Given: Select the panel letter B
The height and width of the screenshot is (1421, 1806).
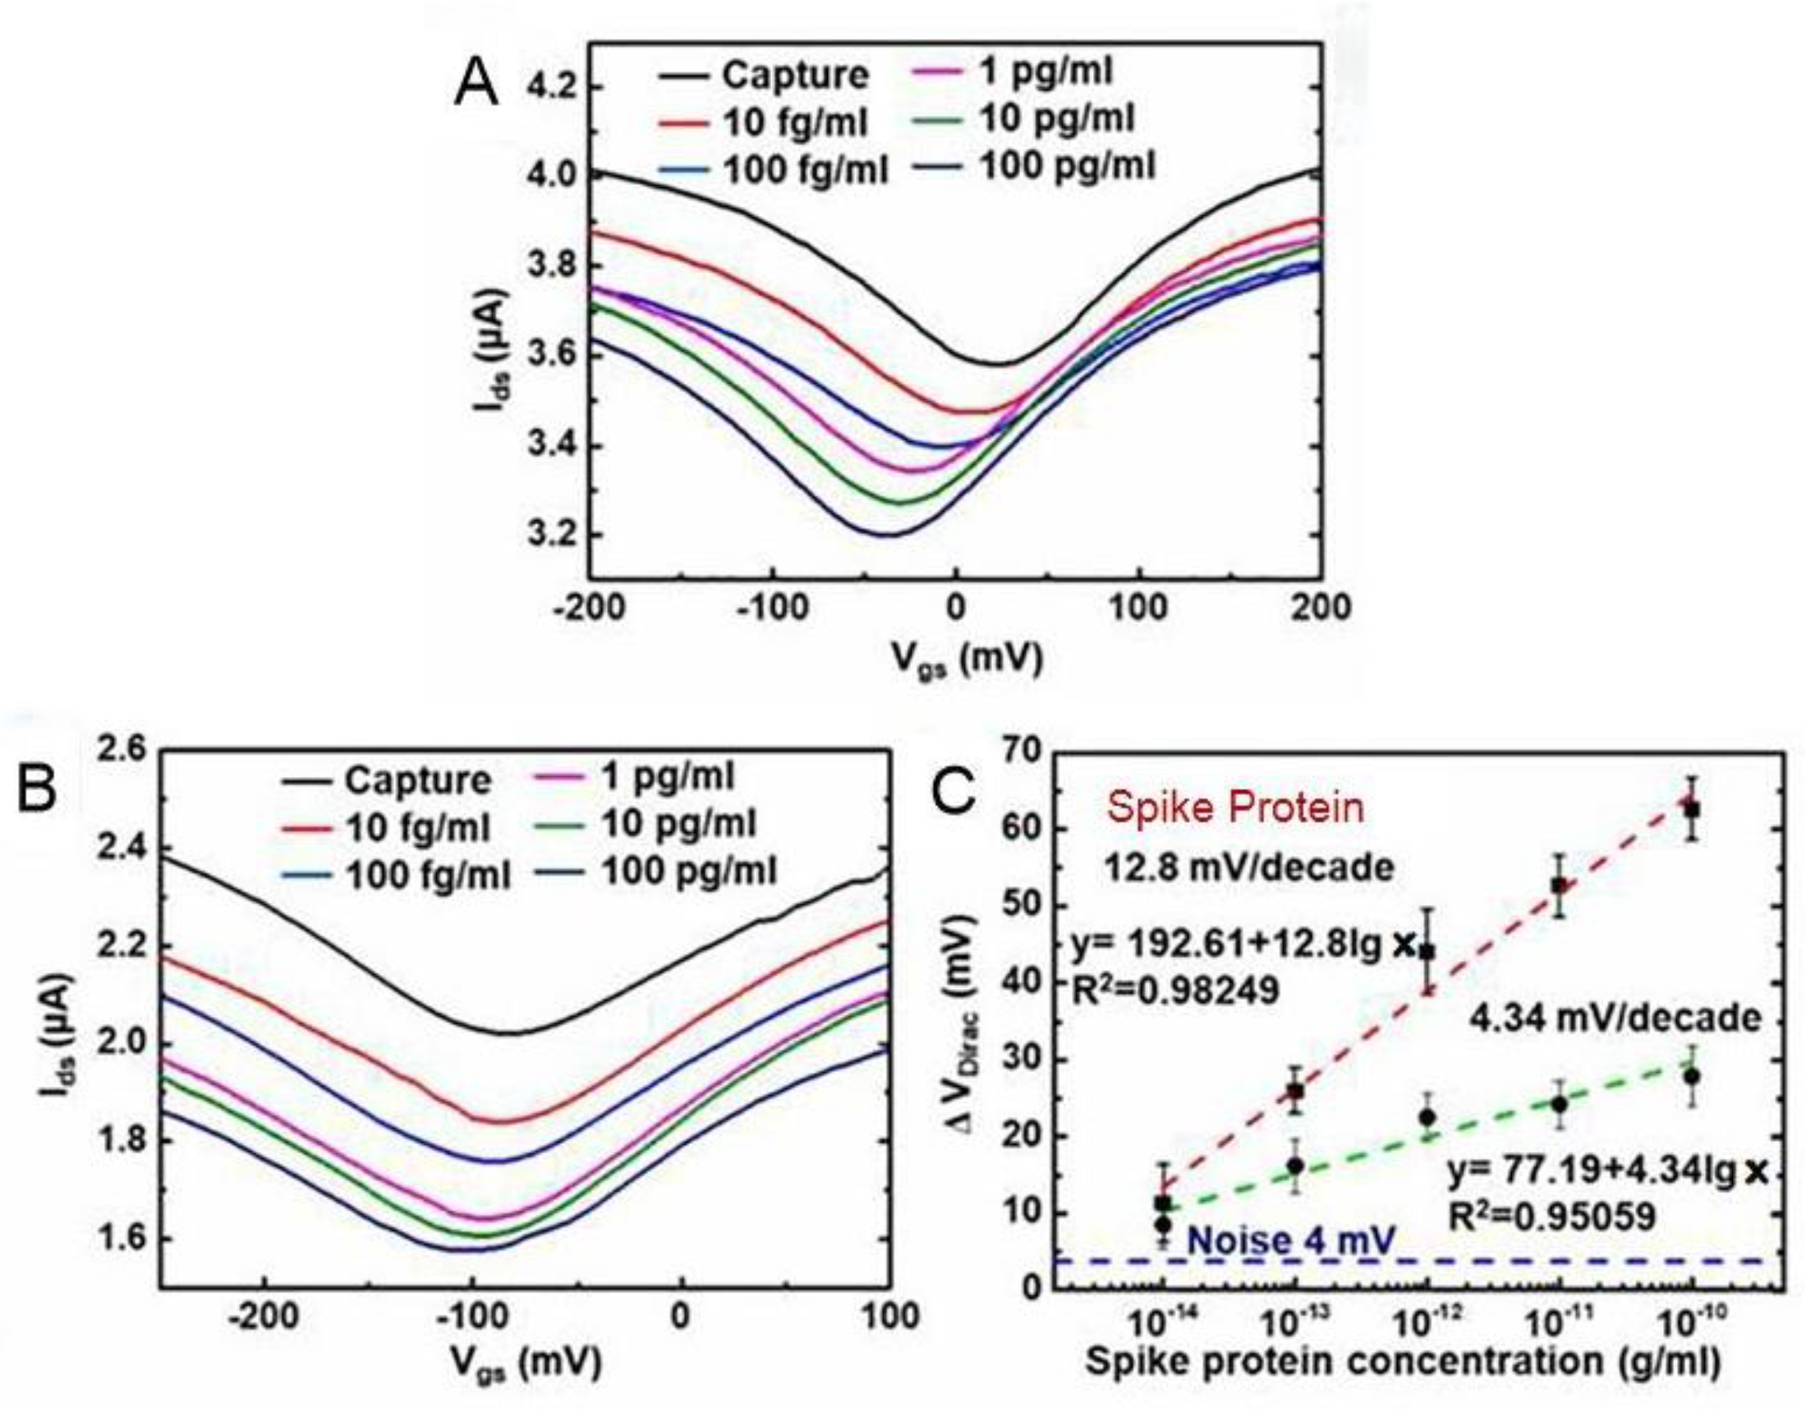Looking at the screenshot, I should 38,786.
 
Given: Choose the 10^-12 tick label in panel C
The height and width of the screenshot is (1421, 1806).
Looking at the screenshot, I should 1427,1317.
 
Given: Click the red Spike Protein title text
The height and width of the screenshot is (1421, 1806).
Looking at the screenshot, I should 1235,807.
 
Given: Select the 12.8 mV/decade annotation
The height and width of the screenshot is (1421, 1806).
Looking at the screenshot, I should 1248,868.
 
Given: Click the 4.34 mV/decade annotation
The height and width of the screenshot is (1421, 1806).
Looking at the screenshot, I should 1615,1019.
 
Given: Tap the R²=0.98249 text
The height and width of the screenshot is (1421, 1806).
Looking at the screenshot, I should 1174,991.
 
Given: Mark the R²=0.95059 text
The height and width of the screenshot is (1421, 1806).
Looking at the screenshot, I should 1551,1218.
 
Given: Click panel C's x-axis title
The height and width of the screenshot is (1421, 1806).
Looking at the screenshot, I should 1402,1363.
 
